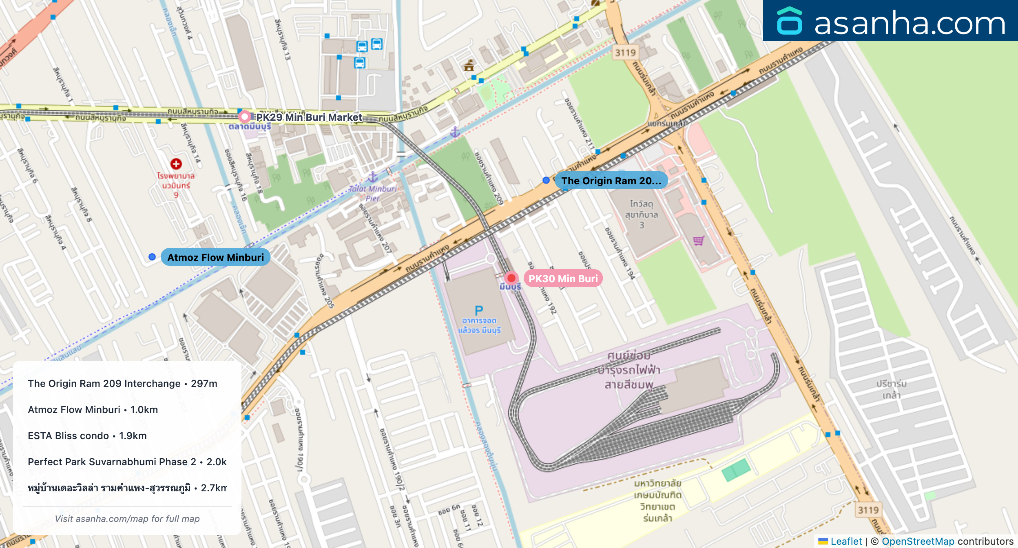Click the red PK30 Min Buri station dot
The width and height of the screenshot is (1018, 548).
511,278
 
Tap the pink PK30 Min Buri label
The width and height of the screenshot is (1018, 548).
563,278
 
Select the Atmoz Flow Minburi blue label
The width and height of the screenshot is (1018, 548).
215,257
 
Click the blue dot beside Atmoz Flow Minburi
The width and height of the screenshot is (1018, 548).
152,257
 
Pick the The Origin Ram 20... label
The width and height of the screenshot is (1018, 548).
611,181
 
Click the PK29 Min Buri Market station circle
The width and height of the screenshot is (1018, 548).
244,117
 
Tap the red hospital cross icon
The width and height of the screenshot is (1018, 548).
176,164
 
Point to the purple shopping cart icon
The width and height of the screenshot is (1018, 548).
699,241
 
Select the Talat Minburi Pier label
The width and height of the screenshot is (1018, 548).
373,193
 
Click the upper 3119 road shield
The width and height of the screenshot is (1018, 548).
625,53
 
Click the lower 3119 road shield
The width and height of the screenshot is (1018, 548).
868,510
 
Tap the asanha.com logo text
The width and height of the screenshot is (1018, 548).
910,23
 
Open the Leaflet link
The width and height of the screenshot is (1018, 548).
846,541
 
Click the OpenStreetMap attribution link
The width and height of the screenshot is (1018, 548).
918,541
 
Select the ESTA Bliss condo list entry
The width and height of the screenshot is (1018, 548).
87,435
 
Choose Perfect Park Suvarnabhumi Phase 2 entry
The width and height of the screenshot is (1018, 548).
127,462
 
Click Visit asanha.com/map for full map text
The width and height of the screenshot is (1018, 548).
127,519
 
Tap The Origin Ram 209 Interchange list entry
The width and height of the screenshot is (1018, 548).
122,383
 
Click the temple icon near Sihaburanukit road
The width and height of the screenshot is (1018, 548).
469,65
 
